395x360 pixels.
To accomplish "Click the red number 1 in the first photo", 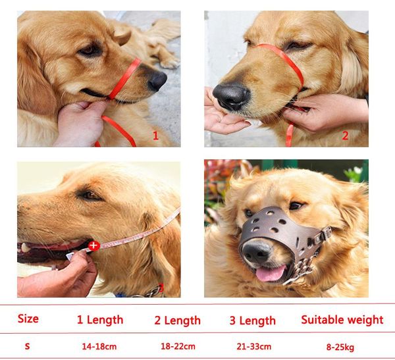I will click(x=155, y=136).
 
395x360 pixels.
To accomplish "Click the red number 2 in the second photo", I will click(x=344, y=136).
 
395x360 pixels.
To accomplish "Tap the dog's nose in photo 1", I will click(x=157, y=81).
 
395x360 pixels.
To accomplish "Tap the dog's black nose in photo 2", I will click(x=231, y=97).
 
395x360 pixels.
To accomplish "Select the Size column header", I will click(x=28, y=319).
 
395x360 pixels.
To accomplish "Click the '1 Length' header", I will click(x=99, y=320).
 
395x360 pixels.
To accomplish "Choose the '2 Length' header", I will click(x=177, y=321).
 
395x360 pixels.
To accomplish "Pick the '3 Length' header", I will click(x=252, y=321).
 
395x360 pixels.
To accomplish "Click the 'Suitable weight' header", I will click(x=342, y=320).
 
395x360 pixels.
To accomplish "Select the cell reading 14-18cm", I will click(x=100, y=346).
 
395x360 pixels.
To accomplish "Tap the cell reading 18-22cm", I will click(x=177, y=346).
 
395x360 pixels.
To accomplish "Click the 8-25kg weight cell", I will click(x=341, y=346).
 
